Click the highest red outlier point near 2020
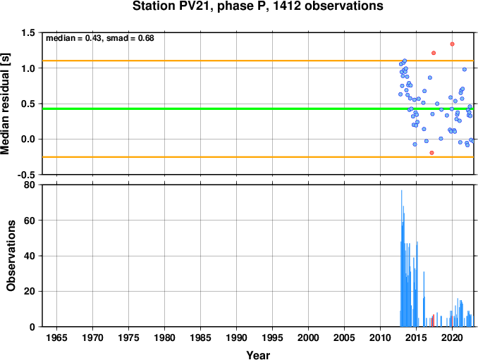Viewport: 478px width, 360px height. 452,44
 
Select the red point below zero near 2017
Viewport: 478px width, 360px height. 431,153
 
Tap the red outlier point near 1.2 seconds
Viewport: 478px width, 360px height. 434,53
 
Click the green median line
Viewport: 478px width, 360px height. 258,108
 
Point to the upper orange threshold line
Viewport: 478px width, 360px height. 258,61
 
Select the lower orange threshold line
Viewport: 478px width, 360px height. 258,157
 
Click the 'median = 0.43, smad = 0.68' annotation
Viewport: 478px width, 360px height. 100,38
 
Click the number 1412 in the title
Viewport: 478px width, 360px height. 286,6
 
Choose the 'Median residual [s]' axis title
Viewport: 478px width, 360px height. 5,104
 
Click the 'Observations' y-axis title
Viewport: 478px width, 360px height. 11,256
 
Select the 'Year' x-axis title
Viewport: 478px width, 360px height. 258,355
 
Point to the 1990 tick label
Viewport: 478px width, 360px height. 236,337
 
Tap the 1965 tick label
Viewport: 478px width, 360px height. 56,337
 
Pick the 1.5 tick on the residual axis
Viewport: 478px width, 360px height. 28,32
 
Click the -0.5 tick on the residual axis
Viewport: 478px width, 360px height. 26,175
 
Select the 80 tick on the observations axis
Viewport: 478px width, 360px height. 30,185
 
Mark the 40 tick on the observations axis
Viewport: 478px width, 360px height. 30,256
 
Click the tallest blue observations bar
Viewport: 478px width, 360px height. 401,259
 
